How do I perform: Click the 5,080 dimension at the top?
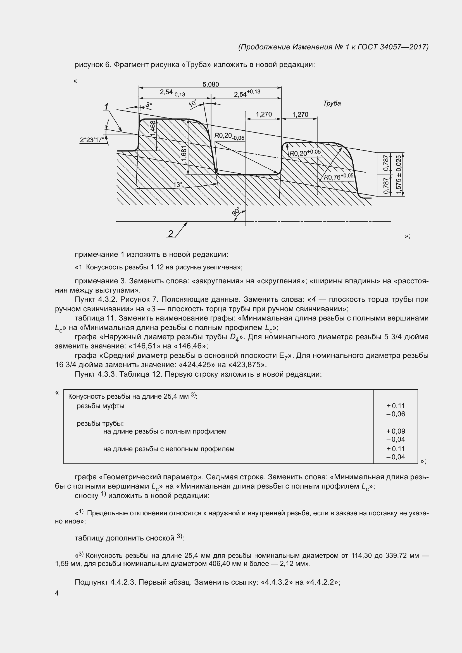pyautogui.click(x=211, y=84)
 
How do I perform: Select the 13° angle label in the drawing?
pyautogui.click(x=178, y=185)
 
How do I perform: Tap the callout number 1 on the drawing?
pyautogui.click(x=106, y=107)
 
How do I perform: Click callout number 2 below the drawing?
pyautogui.click(x=170, y=234)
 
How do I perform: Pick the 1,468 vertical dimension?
pyautogui.click(x=153, y=128)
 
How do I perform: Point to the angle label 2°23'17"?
pyautogui.click(x=92, y=140)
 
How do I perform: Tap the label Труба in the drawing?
pyautogui.click(x=332, y=104)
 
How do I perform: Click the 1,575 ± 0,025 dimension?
pyautogui.click(x=399, y=174)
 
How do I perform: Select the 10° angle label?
pyautogui.click(x=193, y=103)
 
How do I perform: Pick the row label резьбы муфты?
pyautogui.click(x=101, y=406)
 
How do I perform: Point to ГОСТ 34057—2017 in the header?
pyautogui.click(x=392, y=47)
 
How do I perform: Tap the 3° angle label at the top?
pyautogui.click(x=149, y=105)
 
